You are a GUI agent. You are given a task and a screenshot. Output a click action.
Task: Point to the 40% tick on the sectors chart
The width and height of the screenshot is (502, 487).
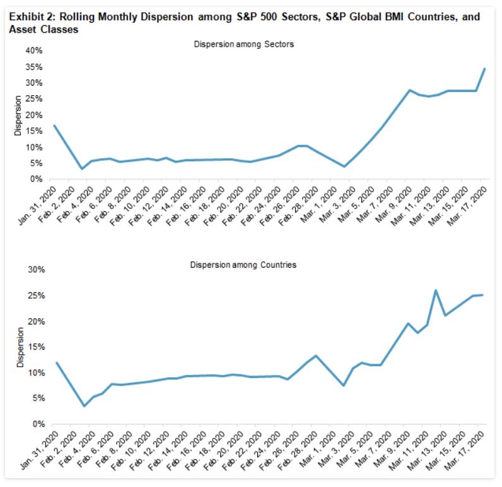point(33,50)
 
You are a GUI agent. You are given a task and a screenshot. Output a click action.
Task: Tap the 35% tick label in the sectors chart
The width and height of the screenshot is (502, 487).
point(33,67)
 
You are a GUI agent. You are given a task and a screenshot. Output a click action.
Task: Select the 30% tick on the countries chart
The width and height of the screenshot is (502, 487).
point(33,270)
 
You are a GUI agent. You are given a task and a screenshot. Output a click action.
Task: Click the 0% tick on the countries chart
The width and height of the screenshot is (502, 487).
point(35,424)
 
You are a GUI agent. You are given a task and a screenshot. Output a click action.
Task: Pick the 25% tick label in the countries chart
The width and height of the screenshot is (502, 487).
point(33,295)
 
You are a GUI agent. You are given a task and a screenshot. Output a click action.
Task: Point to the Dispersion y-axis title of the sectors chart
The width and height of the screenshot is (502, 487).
point(18,115)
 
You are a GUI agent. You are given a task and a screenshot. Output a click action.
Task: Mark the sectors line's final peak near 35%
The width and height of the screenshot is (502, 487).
point(484,69)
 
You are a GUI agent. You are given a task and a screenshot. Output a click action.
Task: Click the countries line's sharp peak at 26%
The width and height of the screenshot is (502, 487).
point(436,290)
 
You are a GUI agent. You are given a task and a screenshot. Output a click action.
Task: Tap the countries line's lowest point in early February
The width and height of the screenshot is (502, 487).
point(83,406)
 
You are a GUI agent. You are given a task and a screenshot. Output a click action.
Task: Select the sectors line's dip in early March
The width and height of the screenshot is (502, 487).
point(344,166)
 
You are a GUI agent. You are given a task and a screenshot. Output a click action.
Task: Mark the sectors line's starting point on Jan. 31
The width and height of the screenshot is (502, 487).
point(54,125)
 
